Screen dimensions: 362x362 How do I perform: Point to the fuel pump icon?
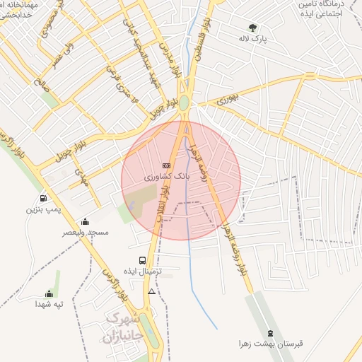click(44, 198)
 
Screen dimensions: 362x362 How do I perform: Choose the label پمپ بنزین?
click(45, 209)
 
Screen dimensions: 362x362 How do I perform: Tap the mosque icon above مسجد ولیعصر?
click(86, 221)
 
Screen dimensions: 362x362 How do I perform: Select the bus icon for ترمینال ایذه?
click(143, 260)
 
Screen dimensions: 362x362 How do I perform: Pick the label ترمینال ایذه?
click(144, 271)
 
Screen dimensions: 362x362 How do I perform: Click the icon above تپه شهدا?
click(49, 293)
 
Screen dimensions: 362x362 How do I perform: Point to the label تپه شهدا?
click(49, 305)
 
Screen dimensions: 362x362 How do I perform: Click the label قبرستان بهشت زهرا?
click(270, 344)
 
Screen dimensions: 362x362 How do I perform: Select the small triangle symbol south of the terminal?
click(151, 291)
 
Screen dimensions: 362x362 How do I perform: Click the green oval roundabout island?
click(184, 103)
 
